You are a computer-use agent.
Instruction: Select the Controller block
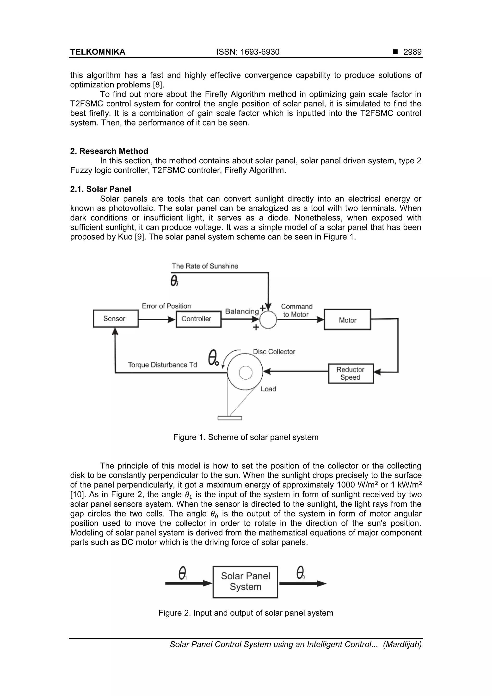tap(199, 319)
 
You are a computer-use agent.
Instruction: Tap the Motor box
tap(347, 320)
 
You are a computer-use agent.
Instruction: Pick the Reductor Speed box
tap(351, 373)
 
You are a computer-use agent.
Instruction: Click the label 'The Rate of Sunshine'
tap(205, 266)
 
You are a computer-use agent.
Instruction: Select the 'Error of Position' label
tap(166, 306)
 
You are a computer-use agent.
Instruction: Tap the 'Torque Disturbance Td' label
tap(162, 365)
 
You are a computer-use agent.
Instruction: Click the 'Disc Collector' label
tap(274, 352)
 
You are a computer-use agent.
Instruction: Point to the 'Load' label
tap(268, 389)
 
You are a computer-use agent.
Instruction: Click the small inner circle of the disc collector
tap(246, 373)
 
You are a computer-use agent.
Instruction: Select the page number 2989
tap(412, 52)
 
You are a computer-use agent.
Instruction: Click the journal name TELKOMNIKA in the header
tap(98, 52)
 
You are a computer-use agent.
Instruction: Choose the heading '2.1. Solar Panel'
tap(101, 189)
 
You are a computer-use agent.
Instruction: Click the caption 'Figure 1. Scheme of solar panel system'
tap(246, 437)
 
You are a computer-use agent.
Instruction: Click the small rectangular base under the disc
tap(230, 418)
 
